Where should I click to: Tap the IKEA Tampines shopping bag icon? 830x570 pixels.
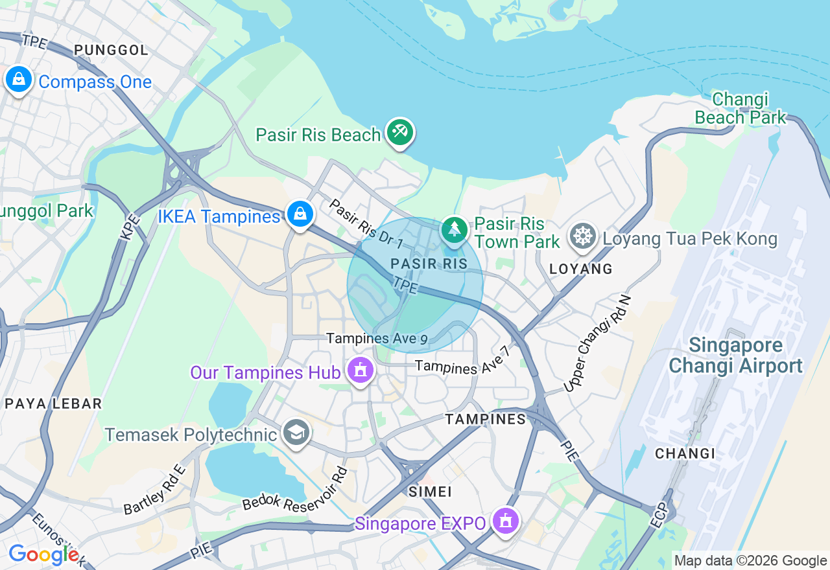[300, 214]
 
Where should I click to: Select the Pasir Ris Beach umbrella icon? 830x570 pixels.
[399, 133]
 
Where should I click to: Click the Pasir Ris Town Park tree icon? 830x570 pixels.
[455, 230]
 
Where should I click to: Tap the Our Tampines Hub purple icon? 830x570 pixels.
[359, 371]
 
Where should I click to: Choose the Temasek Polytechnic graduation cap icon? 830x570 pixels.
[296, 433]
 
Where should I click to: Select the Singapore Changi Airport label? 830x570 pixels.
[735, 355]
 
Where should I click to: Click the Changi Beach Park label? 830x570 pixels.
[740, 108]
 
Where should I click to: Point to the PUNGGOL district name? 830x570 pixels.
[111, 51]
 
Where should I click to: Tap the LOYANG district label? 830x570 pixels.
[580, 269]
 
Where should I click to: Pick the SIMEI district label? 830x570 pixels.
[430, 492]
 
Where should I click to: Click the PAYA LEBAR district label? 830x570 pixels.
[53, 404]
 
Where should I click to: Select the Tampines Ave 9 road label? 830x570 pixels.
[377, 339]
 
